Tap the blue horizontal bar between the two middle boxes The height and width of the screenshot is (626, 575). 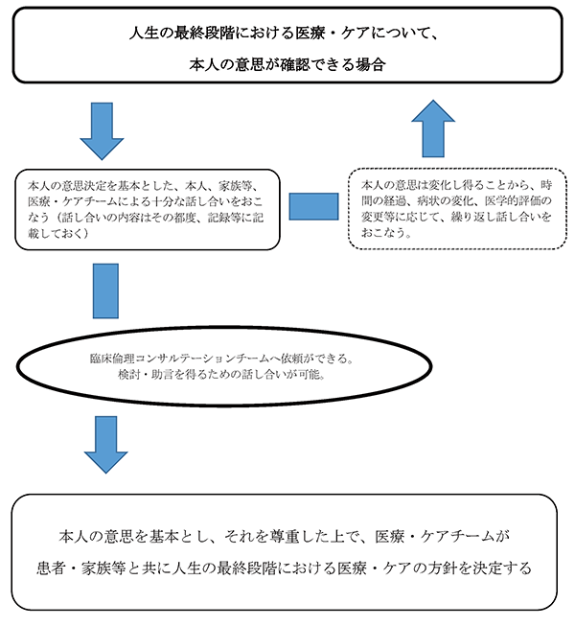313,207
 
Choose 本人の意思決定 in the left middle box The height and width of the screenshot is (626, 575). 62,183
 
